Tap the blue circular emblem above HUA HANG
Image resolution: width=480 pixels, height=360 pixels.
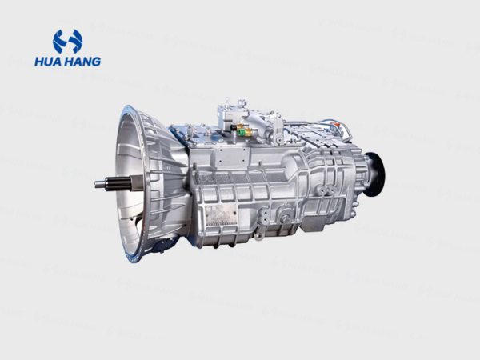point(67,41)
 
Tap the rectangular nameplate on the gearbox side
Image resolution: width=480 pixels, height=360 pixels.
point(221,213)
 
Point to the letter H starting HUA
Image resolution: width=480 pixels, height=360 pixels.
point(39,61)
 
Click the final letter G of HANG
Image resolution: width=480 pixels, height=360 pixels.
point(95,61)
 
